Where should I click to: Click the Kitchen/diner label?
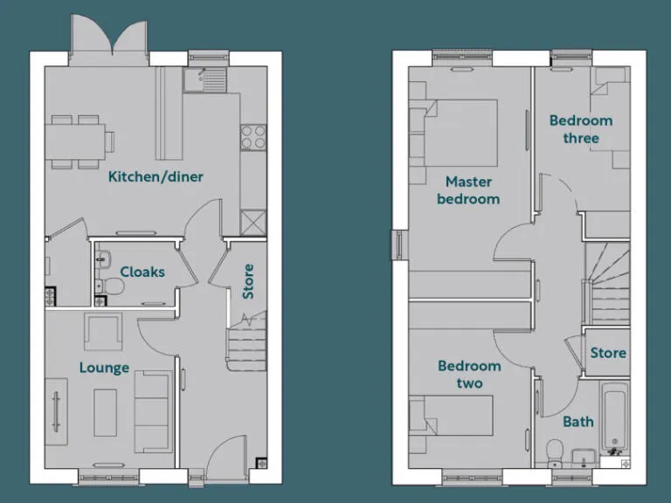(156, 176)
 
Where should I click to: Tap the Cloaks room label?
(142, 272)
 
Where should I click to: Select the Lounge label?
(104, 368)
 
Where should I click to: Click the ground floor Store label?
(248, 281)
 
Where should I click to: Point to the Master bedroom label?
(469, 190)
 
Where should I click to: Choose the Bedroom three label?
(581, 129)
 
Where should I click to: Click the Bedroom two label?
(469, 374)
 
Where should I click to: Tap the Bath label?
(578, 422)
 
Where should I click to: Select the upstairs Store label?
(608, 353)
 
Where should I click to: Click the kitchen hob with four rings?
(253, 138)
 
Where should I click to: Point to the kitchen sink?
(204, 80)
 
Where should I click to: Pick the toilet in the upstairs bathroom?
(553, 451)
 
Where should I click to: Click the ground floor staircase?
(246, 342)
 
